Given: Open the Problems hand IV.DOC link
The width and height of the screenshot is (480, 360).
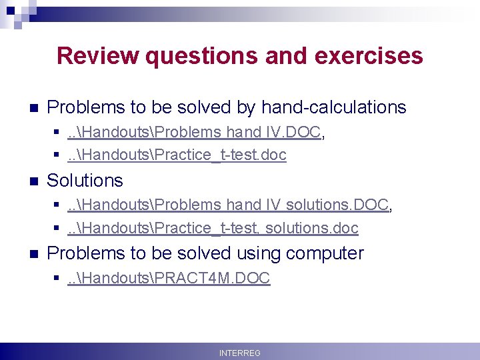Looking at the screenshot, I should [194, 133].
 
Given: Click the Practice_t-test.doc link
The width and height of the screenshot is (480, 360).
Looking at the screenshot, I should [177, 155].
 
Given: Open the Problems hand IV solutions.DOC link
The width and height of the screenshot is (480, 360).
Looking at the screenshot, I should [228, 205].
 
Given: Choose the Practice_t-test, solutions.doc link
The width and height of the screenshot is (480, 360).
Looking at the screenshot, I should [213, 228].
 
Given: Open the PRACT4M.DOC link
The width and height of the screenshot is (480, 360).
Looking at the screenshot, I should [169, 279].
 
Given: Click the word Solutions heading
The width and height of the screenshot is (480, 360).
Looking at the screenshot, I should [85, 181].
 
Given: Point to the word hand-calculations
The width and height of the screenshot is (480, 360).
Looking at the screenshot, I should [333, 107].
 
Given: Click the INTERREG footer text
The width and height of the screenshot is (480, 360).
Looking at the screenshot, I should [239, 353].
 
